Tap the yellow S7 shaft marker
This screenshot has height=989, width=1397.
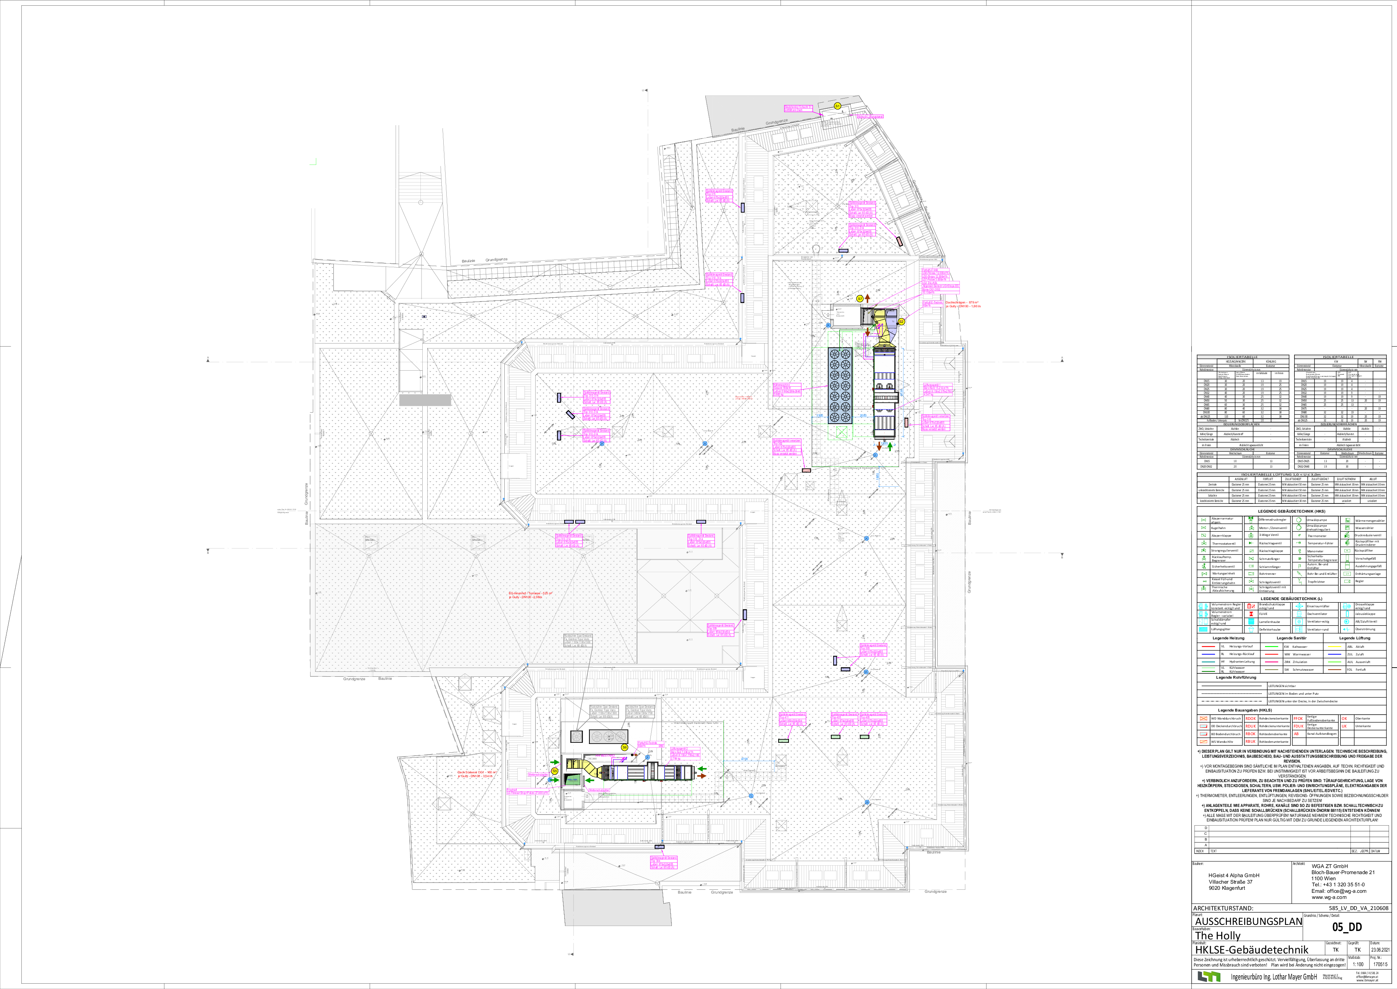coord(859,298)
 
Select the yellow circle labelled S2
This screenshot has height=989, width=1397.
coord(901,321)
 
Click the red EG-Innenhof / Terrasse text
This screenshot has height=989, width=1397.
coord(530,594)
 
